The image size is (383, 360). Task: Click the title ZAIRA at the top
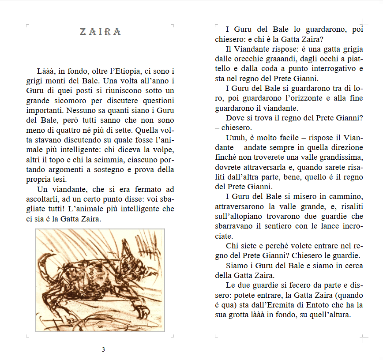coord(100,32)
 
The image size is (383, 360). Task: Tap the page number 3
coord(103,350)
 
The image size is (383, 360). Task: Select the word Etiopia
coord(125,71)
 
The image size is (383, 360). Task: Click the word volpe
coord(162,150)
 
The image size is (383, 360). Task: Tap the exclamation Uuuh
coord(237,138)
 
